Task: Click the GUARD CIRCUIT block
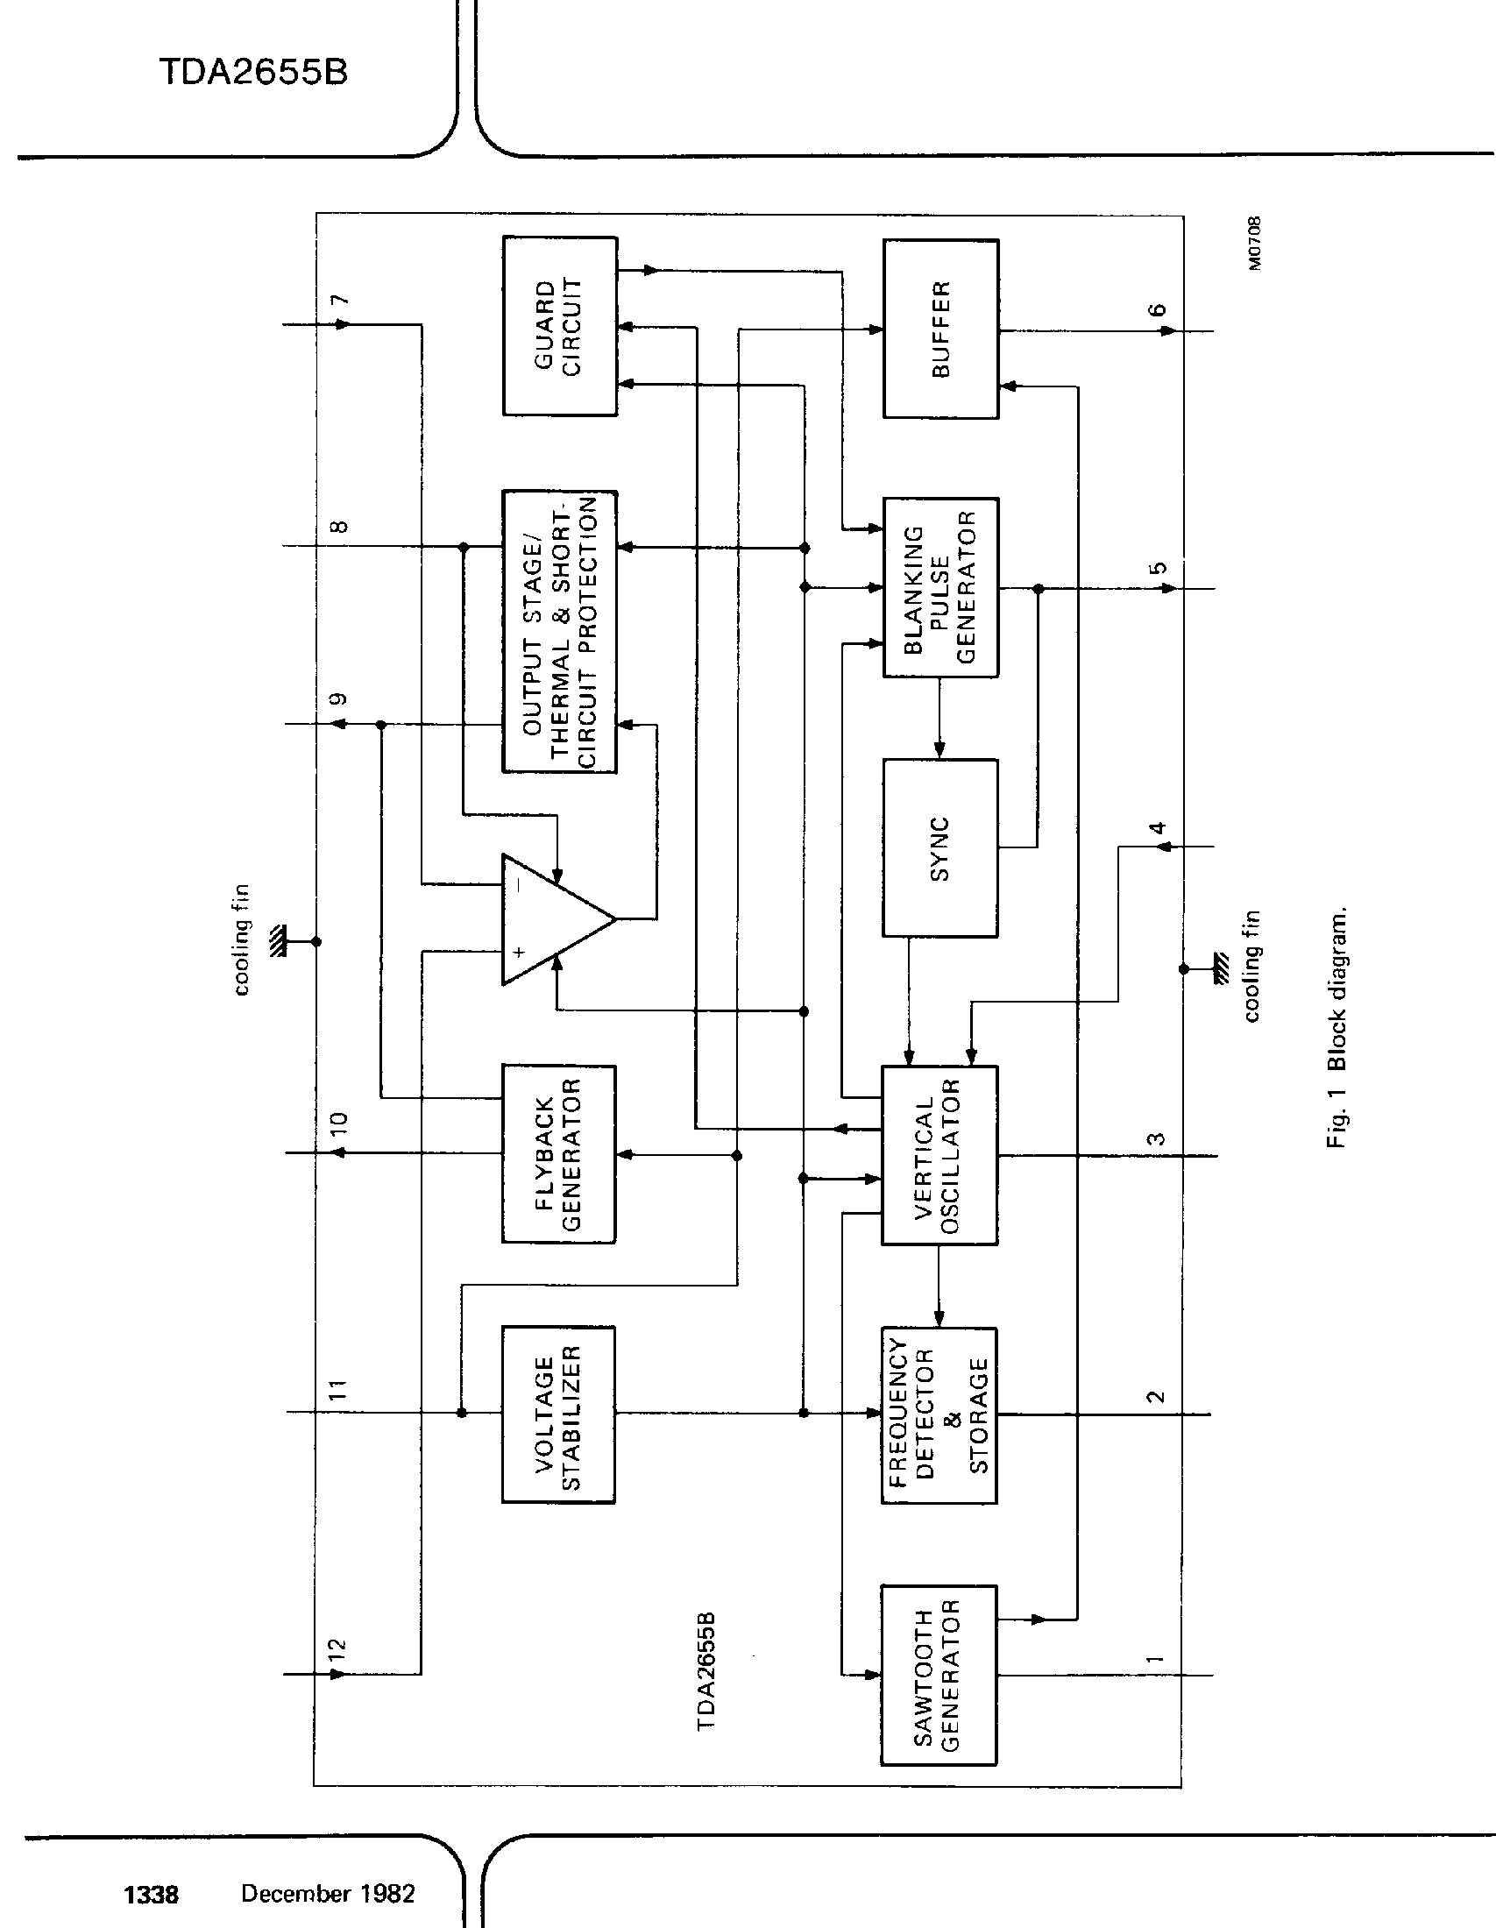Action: click(559, 326)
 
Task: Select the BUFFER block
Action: click(941, 330)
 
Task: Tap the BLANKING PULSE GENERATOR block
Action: click(941, 588)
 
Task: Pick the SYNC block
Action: click(940, 847)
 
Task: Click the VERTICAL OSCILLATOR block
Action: click(939, 1156)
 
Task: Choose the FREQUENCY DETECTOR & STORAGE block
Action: click(939, 1415)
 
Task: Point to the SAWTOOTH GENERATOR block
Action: click(939, 1675)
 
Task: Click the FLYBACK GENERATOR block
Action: click(558, 1154)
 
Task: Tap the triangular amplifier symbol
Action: click(547, 919)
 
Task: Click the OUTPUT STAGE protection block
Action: click(559, 632)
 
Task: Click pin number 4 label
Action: click(1157, 827)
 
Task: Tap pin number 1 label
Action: click(1155, 1659)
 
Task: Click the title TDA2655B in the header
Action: click(253, 73)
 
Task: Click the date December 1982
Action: click(328, 1894)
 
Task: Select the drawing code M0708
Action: click(1255, 244)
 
